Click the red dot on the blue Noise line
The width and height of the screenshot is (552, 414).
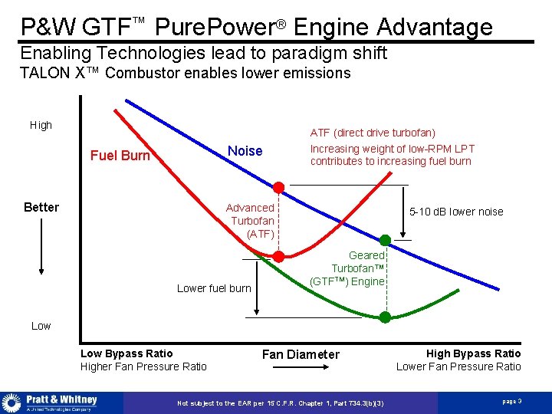[279, 187]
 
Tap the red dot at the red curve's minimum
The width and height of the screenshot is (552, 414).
[279, 256]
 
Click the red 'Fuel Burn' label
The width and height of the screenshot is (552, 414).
[120, 156]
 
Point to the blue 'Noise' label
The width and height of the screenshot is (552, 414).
[245, 151]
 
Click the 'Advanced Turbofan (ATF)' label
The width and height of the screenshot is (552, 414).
[250, 221]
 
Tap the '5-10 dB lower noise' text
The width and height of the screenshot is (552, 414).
[456, 212]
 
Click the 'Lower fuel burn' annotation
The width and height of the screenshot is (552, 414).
[214, 288]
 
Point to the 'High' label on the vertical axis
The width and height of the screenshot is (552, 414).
[41, 125]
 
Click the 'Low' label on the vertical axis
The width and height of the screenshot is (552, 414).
[41, 326]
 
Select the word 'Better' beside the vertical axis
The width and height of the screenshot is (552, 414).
[41, 207]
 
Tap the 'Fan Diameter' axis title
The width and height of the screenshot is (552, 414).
[301, 354]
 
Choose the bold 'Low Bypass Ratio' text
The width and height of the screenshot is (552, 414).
[127, 353]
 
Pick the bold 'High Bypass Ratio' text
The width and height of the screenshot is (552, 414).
[473, 353]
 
